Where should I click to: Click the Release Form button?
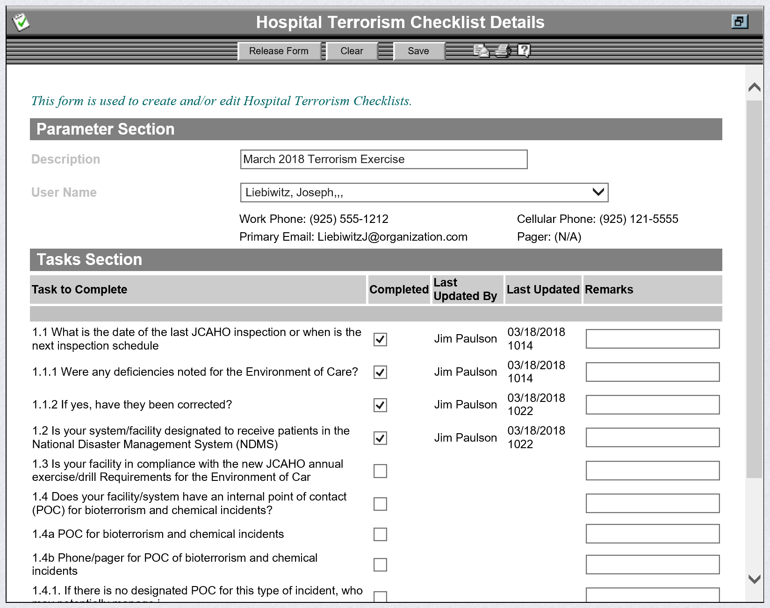[279, 51]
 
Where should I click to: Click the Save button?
[418, 51]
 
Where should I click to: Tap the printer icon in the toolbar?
[503, 50]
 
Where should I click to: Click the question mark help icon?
[524, 50]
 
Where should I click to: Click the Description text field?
[383, 159]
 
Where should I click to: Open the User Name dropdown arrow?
[598, 192]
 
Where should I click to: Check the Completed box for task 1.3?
[380, 471]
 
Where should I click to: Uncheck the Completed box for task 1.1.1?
[380, 372]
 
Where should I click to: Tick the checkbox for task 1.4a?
[380, 534]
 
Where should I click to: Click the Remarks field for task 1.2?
[652, 437]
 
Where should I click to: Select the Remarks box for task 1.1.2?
[652, 405]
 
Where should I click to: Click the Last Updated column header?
[543, 290]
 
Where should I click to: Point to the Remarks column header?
[609, 290]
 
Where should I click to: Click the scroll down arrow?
[754, 579]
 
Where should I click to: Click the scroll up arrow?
[754, 87]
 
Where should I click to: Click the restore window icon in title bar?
[739, 21]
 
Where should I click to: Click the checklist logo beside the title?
[21, 22]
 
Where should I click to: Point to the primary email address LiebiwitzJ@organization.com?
[392, 237]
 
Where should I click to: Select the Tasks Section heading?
[89, 260]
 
